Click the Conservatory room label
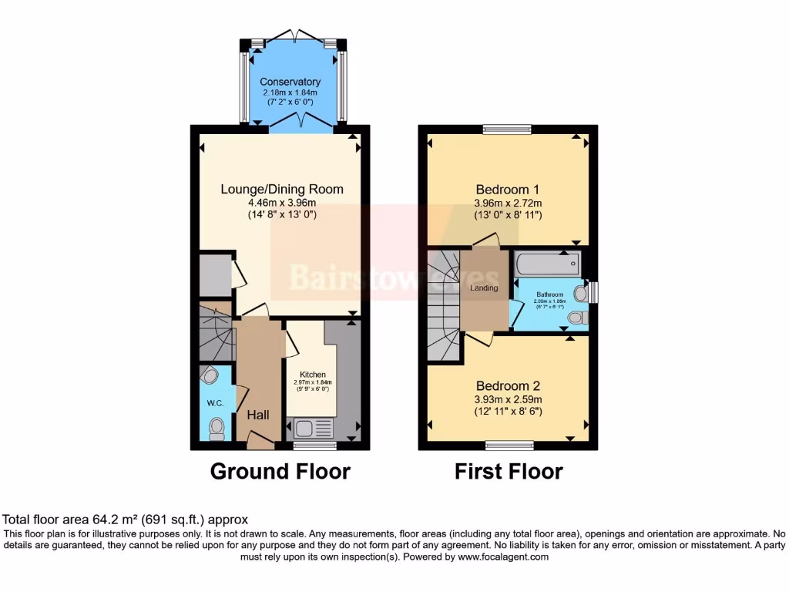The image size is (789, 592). [x=290, y=82]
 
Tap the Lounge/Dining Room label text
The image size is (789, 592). [x=282, y=189]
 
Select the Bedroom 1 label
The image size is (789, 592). [x=508, y=190]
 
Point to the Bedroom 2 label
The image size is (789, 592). [x=508, y=386]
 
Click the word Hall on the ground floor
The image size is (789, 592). [x=258, y=415]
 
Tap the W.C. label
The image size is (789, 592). [x=213, y=403]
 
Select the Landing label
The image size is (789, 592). [x=485, y=288]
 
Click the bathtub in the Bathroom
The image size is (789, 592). [x=546, y=264]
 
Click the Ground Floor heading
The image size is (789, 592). [x=280, y=471]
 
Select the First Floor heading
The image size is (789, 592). [x=509, y=471]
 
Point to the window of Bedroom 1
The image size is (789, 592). [x=507, y=129]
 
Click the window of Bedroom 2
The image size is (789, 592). [x=509, y=445]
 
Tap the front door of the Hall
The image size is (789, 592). [x=260, y=442]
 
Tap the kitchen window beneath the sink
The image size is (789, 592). [x=314, y=446]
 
